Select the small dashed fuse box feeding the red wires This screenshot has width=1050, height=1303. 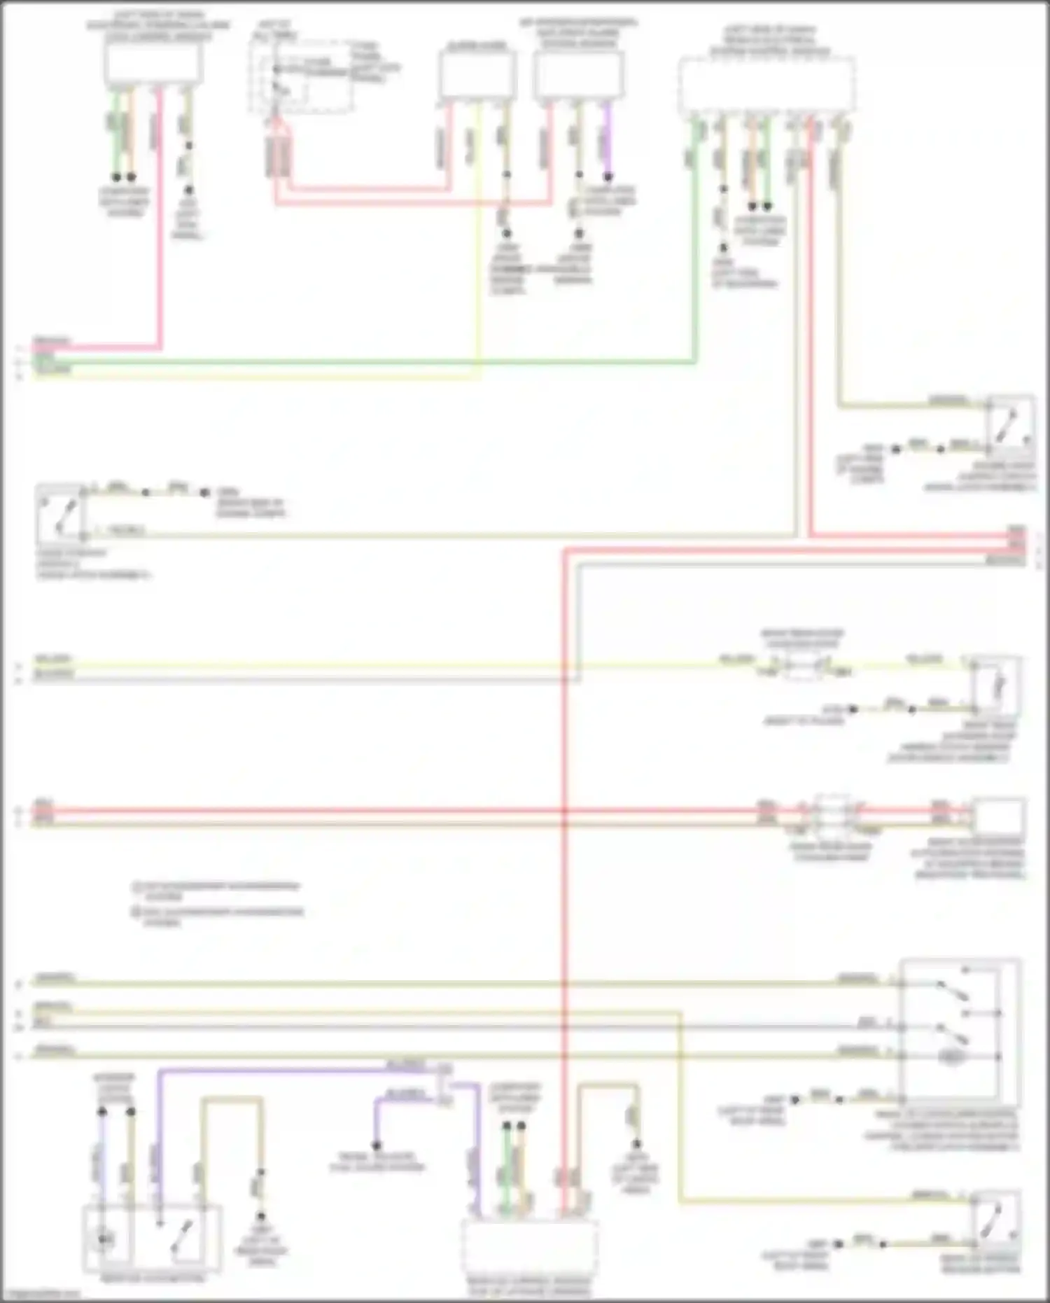(301, 74)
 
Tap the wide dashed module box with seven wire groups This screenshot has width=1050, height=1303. (766, 84)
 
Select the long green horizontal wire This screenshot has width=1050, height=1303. (364, 362)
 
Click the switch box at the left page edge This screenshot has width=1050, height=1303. (60, 512)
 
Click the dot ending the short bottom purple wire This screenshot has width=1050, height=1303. (377, 1146)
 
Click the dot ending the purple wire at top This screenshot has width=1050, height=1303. (608, 176)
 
